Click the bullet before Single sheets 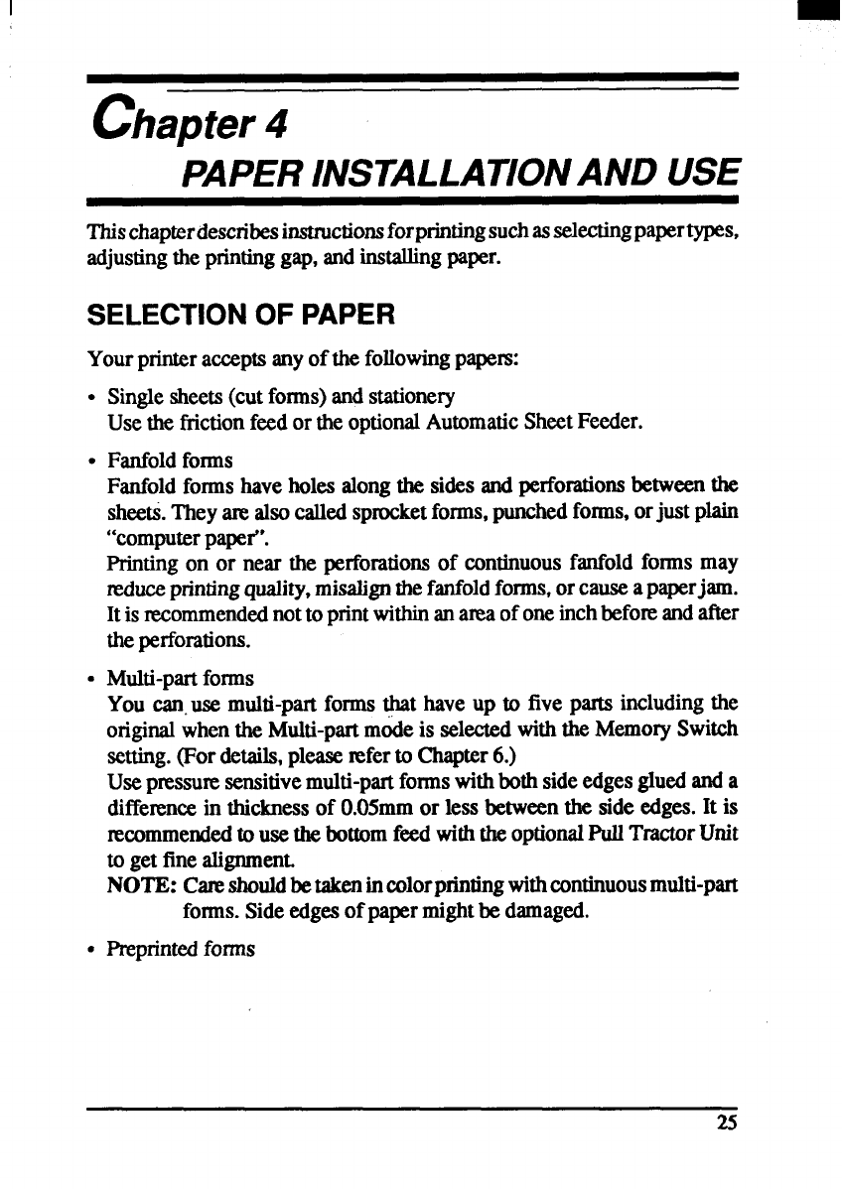click(x=92, y=399)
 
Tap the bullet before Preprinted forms click(x=92, y=950)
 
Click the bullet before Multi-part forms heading click(x=92, y=680)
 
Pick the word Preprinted click(x=151, y=949)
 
